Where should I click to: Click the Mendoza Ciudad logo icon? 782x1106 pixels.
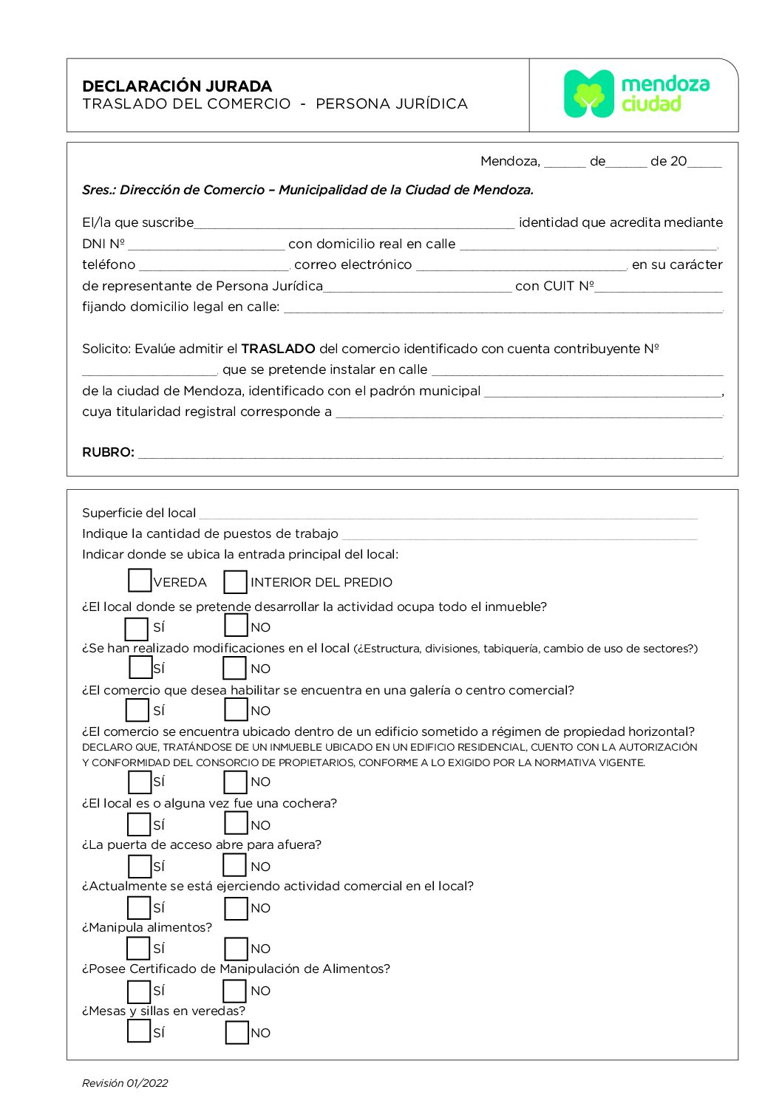pyautogui.click(x=588, y=94)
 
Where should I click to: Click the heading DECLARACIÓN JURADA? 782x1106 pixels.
pyautogui.click(x=177, y=86)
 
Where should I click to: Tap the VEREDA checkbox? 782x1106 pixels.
pyautogui.click(x=139, y=581)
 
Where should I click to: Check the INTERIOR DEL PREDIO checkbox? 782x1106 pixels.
pyautogui.click(x=235, y=581)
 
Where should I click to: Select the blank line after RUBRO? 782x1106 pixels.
pyautogui.click(x=429, y=453)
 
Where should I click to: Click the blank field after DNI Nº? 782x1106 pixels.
pyautogui.click(x=206, y=245)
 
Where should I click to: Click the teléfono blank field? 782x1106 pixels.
pyautogui.click(x=214, y=265)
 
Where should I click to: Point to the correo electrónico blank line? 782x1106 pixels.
pyautogui.click(x=521, y=265)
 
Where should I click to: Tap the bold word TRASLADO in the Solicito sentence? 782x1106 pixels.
pyautogui.click(x=278, y=349)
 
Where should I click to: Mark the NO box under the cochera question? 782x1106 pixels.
pyautogui.click(x=236, y=823)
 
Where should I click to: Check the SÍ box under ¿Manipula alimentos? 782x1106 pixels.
pyautogui.click(x=138, y=948)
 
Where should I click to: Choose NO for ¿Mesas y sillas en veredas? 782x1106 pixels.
pyautogui.click(x=237, y=1032)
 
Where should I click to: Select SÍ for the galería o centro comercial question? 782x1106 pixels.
pyautogui.click(x=137, y=710)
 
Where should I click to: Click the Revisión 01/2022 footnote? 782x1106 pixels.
pyautogui.click(x=125, y=1083)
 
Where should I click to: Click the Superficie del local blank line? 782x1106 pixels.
pyautogui.click(x=448, y=514)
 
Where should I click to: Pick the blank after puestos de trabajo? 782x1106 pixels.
pyautogui.click(x=519, y=535)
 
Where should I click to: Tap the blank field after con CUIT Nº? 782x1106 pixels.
pyautogui.click(x=658, y=287)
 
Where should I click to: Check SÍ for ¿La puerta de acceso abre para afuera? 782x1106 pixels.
pyautogui.click(x=139, y=866)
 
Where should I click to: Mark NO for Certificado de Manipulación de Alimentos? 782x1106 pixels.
pyautogui.click(x=235, y=991)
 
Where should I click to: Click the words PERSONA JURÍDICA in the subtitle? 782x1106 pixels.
pyautogui.click(x=392, y=104)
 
